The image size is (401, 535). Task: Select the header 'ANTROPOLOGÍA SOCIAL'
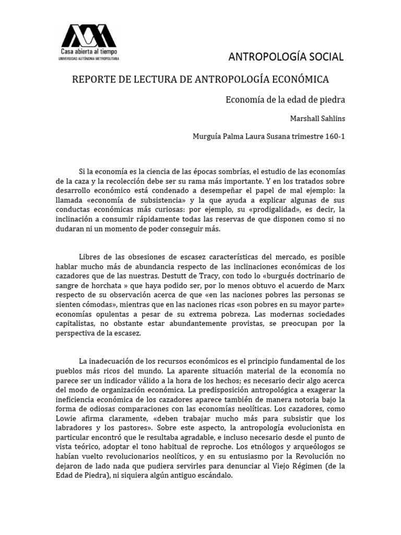pos(287,56)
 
